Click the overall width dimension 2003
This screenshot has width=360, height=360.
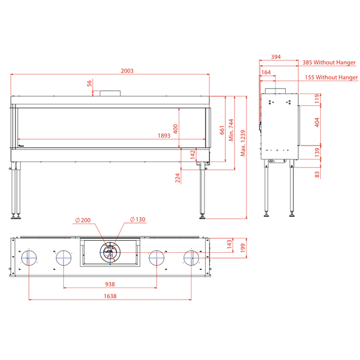pos(127,71)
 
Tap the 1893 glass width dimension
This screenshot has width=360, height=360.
pos(164,136)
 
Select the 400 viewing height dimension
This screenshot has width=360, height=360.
pos(176,129)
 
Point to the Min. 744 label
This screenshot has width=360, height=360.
pos(231,130)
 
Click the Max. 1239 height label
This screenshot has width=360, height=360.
pos(243,143)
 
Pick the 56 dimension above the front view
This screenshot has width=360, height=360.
pos(89,83)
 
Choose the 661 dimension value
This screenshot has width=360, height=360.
pos(222,130)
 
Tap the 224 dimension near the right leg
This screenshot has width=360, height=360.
pos(177,178)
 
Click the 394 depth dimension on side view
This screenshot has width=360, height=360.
pos(276,56)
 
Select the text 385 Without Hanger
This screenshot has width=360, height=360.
pos(329,62)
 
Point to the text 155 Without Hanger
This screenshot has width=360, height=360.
pos(331,77)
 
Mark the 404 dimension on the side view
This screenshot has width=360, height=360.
pos(317,122)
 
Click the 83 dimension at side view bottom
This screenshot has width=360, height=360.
pos(317,175)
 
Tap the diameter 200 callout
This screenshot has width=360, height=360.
pos(83,221)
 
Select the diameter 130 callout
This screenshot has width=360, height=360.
pos(138,219)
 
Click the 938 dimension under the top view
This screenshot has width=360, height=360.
pos(110,284)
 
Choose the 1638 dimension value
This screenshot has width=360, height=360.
pos(110,296)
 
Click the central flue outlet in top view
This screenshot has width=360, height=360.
pos(110,252)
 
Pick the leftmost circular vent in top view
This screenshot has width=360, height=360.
pos(29,258)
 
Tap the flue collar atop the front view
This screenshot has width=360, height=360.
pos(110,93)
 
